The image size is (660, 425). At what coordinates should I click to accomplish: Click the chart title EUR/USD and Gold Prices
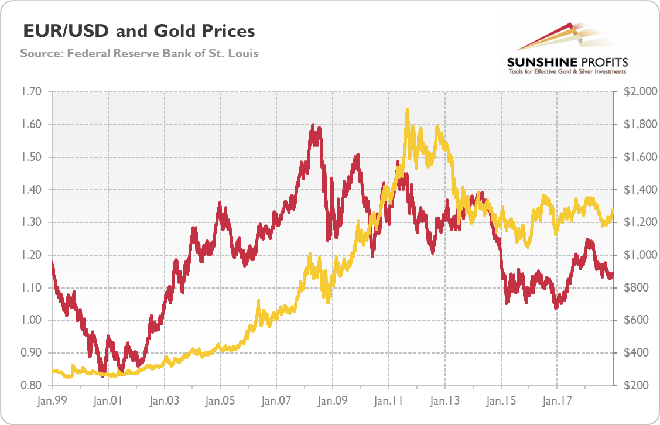coord(138,30)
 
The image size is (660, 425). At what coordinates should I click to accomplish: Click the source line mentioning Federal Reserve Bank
coord(139,53)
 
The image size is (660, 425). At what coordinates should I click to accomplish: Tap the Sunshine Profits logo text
coord(567,61)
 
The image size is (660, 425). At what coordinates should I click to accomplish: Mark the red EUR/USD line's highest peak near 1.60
coord(313,125)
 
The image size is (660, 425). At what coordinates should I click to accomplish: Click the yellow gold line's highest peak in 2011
coord(407,109)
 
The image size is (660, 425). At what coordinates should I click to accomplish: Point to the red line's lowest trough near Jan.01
coord(103,376)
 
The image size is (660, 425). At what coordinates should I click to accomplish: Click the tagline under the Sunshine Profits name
coord(567,71)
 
